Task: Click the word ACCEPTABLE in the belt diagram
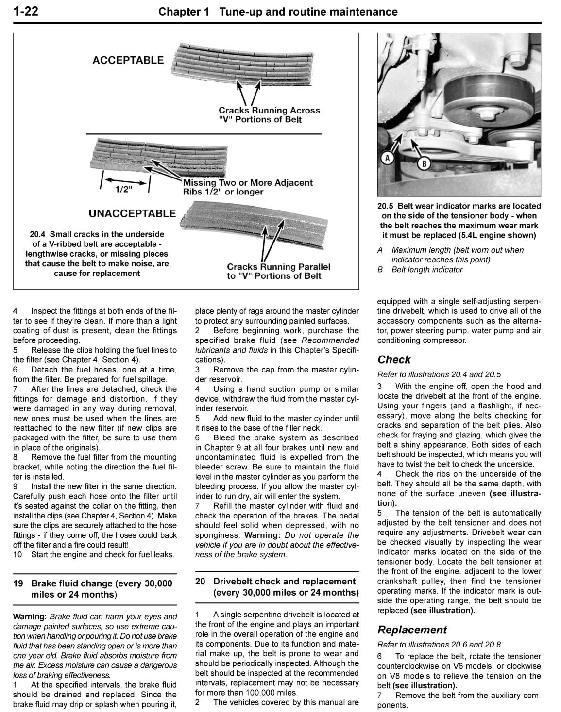point(128,60)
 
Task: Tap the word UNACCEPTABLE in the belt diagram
point(132,213)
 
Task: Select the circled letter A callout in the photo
point(388,158)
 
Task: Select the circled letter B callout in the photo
point(424,163)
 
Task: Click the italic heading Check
point(394,360)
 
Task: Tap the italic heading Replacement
point(412,630)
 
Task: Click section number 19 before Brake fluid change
point(18,583)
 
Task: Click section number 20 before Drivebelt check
point(200,582)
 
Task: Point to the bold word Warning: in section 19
point(30,617)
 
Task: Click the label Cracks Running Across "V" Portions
point(269,115)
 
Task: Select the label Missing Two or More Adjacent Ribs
point(248,187)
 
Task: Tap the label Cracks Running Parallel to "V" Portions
point(278,271)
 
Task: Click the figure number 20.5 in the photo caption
point(386,206)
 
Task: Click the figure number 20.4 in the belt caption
point(39,234)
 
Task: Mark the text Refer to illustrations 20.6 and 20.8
point(439,645)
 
